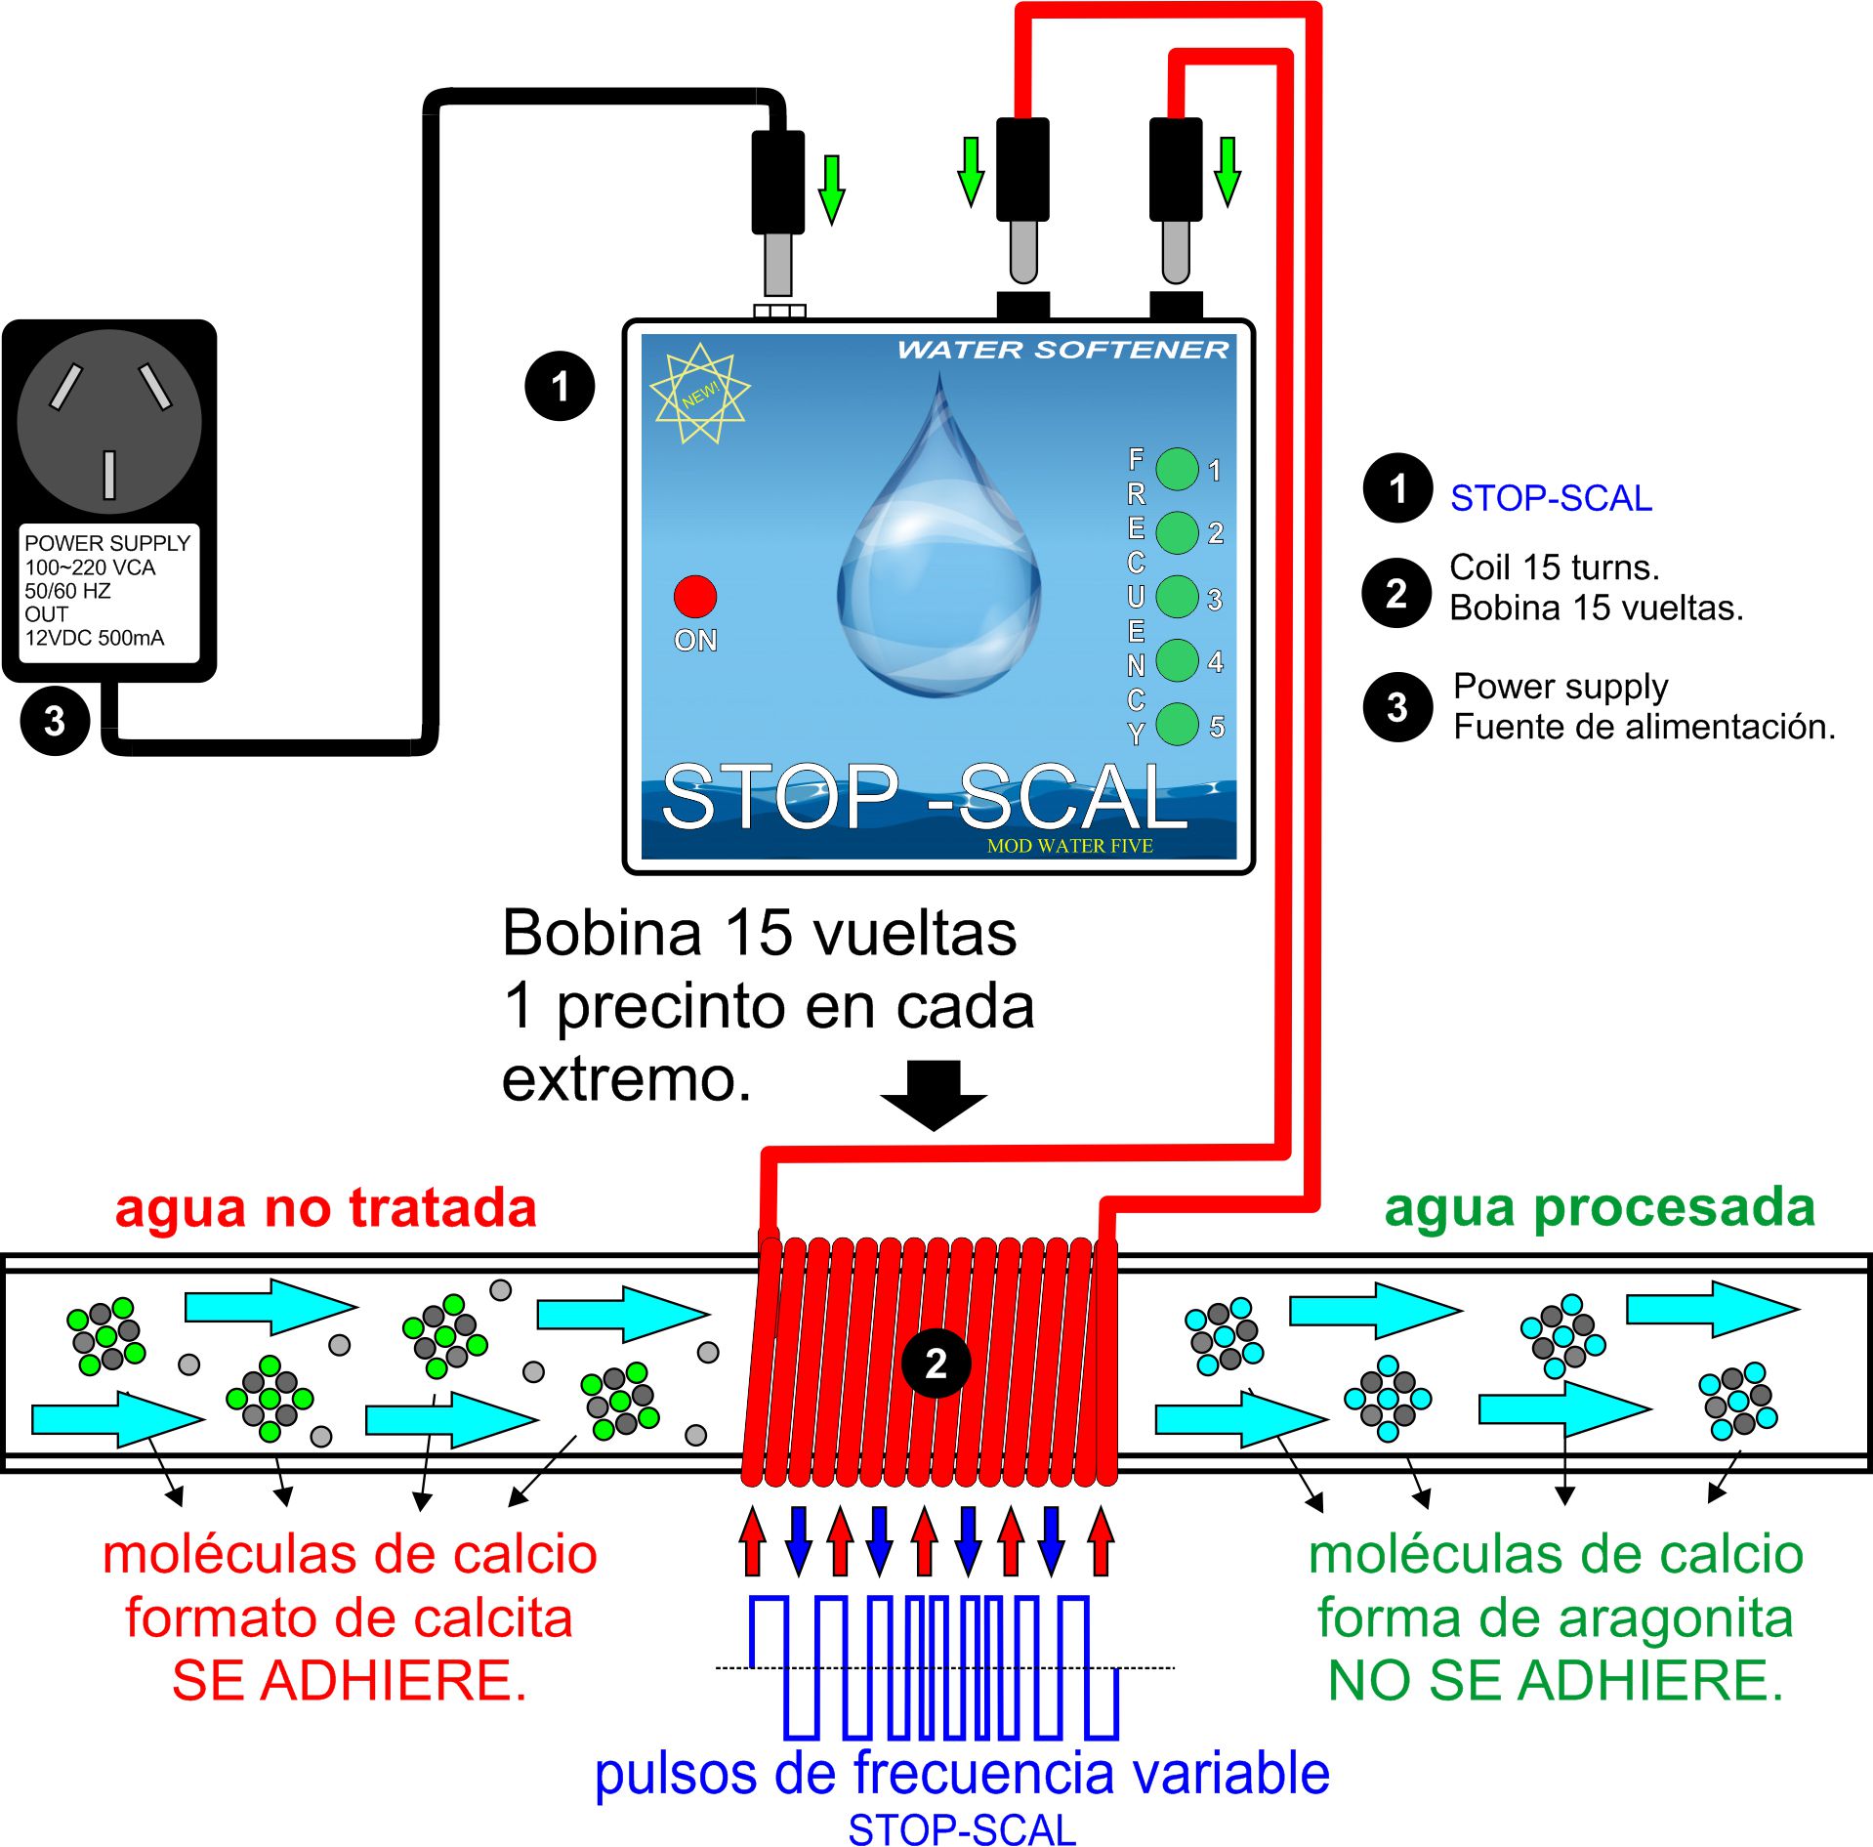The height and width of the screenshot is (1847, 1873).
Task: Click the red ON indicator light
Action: tap(694, 596)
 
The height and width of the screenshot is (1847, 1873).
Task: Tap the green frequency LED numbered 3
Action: tap(1177, 596)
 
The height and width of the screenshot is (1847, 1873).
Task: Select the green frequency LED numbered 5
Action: tap(1177, 724)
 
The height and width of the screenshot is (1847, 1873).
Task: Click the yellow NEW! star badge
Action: tap(699, 393)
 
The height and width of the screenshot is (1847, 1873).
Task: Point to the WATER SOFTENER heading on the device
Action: tap(1062, 350)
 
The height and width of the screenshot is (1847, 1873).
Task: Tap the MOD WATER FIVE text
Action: tap(1069, 846)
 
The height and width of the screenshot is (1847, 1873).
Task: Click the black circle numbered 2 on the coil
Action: tap(936, 1363)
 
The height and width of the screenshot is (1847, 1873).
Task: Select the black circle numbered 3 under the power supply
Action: tap(55, 721)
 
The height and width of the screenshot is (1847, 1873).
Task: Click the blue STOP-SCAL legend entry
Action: tap(1551, 498)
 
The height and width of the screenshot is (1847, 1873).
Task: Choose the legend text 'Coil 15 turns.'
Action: tap(1555, 567)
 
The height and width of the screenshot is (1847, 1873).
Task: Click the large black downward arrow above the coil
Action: tap(934, 1095)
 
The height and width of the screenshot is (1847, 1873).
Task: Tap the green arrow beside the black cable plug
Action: tap(831, 189)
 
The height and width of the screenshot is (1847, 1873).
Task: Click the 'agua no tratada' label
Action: tap(326, 1207)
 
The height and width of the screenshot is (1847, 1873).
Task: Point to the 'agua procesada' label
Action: tap(1600, 1207)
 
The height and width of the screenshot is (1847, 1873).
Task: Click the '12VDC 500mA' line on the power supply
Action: tap(95, 638)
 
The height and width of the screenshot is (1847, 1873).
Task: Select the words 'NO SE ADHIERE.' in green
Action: tap(1556, 1681)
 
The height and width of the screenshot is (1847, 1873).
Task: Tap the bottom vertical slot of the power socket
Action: tap(109, 475)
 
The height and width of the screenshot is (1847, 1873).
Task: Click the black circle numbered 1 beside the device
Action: tap(560, 386)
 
